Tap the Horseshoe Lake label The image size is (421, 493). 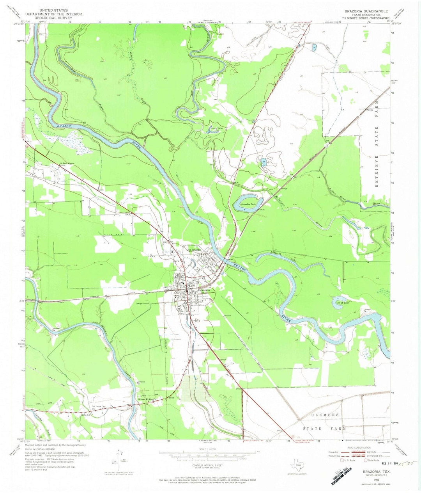point(248,204)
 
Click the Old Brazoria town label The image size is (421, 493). point(194,250)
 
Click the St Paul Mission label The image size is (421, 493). point(67,164)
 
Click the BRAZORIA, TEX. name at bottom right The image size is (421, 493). point(372,472)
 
